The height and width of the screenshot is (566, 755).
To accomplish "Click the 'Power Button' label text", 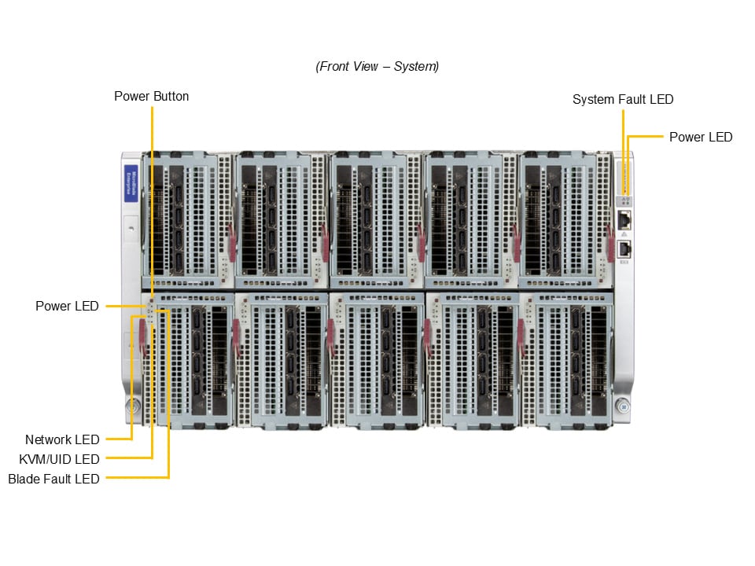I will point(151,97).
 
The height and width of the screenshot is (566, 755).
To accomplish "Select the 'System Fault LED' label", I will point(623,100).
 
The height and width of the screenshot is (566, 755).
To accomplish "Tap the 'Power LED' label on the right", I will point(700,137).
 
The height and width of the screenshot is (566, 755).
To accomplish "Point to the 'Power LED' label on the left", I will point(67,306).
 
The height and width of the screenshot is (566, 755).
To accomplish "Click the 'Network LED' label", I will point(62,439).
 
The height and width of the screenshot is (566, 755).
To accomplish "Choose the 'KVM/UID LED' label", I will point(59,459).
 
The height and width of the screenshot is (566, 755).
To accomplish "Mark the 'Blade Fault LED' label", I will point(53,479).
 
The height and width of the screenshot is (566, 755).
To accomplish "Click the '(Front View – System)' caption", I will point(377,67).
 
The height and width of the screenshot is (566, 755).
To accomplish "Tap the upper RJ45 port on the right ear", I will point(624,219).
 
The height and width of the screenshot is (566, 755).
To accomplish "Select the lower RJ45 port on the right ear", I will point(624,248).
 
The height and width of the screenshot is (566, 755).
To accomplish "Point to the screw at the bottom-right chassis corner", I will point(623,406).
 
